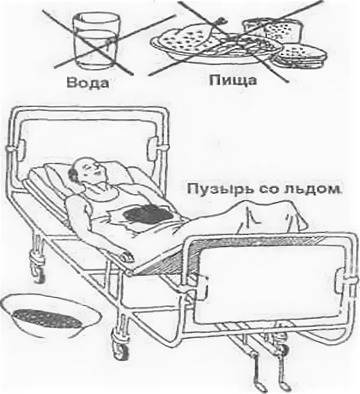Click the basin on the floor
50,318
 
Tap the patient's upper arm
77,211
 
